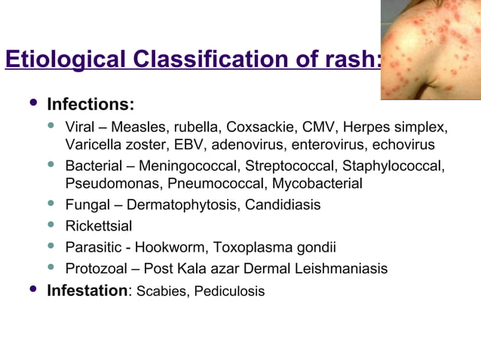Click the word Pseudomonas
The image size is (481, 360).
point(107,184)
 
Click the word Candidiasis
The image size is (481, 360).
point(285,205)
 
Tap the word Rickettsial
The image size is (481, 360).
point(95,226)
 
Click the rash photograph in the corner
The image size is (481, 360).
point(430,50)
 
